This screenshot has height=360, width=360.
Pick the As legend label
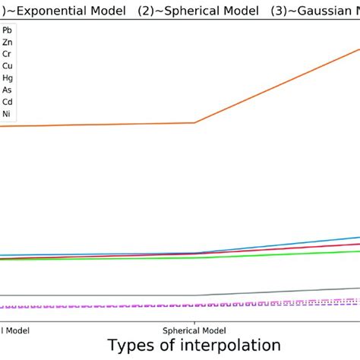(x=7, y=90)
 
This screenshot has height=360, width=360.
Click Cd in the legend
(x=7, y=102)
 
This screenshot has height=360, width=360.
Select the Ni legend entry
(x=7, y=114)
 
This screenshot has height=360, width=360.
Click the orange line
(x=99, y=125)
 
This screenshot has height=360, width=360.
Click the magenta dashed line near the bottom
(x=99, y=307)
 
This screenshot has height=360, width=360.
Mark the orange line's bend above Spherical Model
(x=195, y=122)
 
